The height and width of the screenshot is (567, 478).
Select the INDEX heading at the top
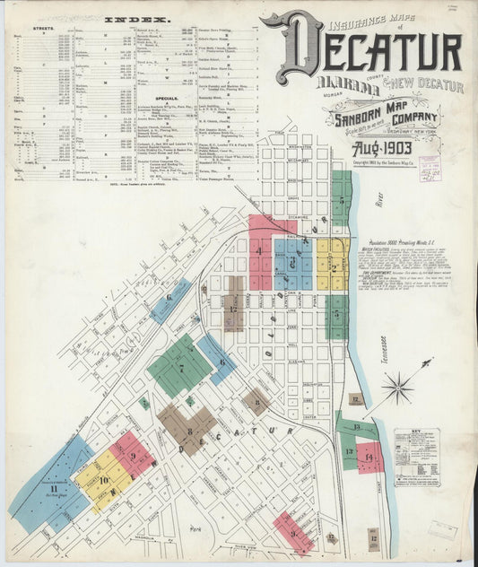pos(126,19)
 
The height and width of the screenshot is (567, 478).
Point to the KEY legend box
pos(417,457)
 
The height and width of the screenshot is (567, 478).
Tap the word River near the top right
pos(366,203)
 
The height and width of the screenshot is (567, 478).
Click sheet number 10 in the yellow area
pos(103,481)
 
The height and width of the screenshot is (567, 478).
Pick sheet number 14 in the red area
pos(369,458)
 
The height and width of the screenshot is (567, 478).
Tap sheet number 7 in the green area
pos(180,367)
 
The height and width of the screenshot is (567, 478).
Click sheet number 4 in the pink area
pos(260,251)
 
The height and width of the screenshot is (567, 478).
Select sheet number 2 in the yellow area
pos(333,266)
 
